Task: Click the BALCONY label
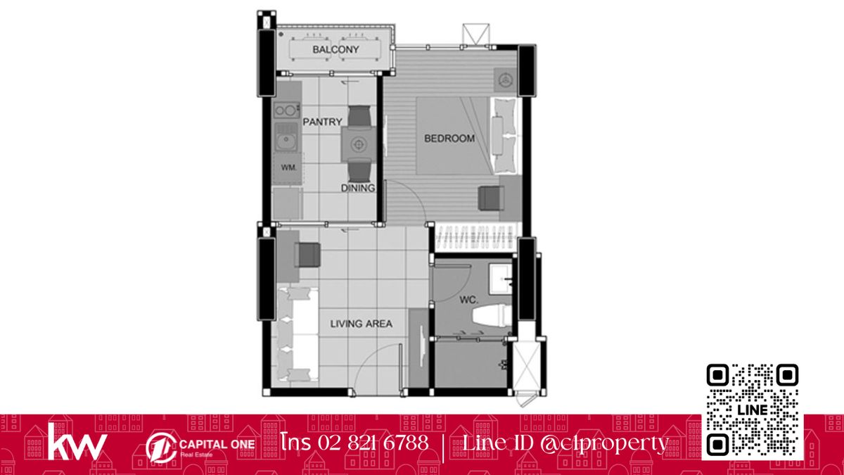click(335, 49)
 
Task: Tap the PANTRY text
click(323, 122)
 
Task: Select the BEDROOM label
click(449, 139)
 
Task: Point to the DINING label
click(358, 188)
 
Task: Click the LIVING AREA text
click(362, 324)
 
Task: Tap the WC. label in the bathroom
click(468, 300)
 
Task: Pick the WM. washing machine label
click(288, 167)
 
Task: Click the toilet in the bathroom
click(492, 316)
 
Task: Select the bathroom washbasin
click(501, 279)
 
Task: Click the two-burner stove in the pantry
click(286, 110)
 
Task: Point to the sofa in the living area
click(295, 334)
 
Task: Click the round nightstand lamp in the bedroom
click(505, 80)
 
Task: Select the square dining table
click(358, 144)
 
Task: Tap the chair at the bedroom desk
click(492, 198)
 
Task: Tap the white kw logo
click(77, 441)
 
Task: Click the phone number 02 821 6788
click(373, 442)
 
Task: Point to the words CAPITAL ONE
click(217, 444)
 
